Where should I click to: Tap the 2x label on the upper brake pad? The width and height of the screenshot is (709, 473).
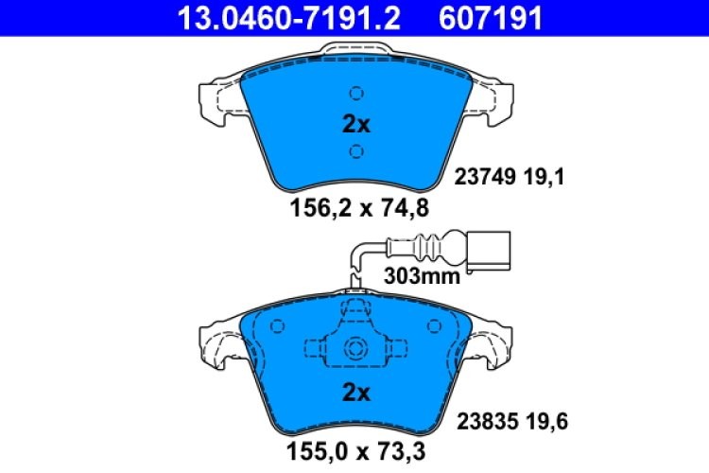355,123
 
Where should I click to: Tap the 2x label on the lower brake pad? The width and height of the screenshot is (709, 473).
355,392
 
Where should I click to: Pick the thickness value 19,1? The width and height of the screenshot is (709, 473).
546,176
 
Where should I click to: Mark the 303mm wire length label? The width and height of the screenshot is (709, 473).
423,276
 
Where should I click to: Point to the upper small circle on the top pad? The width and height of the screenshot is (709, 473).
355,94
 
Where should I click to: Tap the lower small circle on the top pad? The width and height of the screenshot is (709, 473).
355,151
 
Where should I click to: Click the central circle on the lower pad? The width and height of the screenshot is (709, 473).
355,347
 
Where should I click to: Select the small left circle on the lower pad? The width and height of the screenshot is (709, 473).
277,326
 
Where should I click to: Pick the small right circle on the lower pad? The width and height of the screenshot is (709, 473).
434,326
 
